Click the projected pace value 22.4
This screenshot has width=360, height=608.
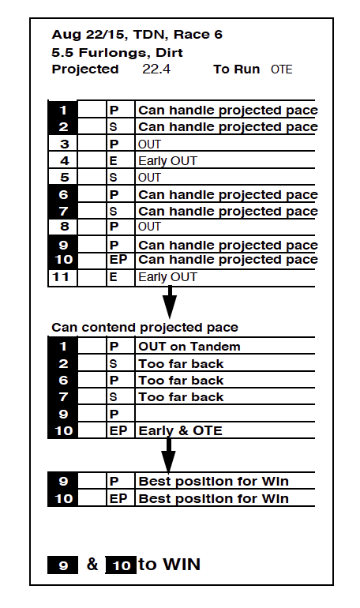(156, 69)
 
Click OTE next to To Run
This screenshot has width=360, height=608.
(282, 69)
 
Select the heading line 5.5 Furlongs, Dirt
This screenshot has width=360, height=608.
(117, 52)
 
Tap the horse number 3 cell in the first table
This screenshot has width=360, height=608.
(63, 144)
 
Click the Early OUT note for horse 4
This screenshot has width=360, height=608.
(168, 160)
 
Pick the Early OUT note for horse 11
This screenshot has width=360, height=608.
(168, 277)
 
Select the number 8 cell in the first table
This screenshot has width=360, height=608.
(63, 227)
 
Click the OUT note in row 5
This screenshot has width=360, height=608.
(149, 177)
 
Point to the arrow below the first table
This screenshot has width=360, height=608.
(170, 302)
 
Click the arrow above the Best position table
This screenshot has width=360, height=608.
(168, 455)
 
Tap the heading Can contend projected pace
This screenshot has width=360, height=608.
(145, 327)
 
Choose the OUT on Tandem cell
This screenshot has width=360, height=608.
(189, 347)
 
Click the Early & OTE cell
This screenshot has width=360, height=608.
(181, 430)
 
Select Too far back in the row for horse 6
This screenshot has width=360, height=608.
(181, 381)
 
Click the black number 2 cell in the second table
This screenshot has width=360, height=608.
(63, 363)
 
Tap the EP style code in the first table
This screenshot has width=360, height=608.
(118, 260)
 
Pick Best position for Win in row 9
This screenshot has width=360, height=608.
(213, 481)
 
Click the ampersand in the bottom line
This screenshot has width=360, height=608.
(92, 565)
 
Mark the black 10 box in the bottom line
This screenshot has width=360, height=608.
(121, 565)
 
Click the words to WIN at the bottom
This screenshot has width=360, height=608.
(170, 565)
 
